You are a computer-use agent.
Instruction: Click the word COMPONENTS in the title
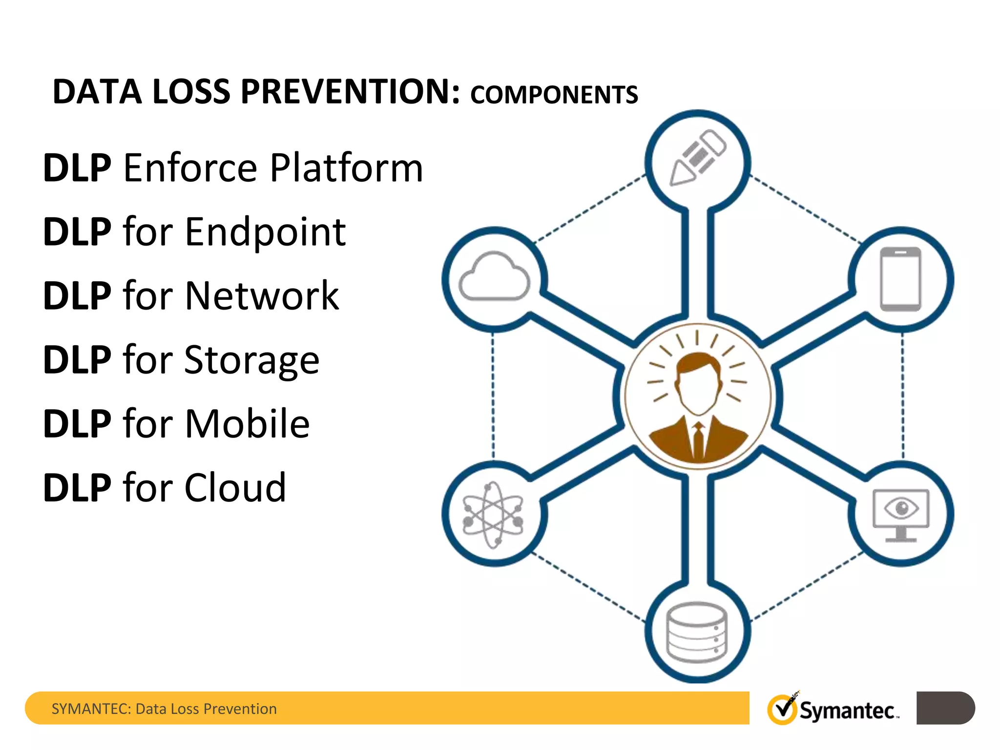click(554, 95)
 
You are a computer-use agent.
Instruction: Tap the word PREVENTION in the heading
click(350, 92)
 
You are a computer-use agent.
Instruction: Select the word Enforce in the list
click(190, 168)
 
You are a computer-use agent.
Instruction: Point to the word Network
click(262, 296)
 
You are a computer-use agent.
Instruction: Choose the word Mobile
click(247, 424)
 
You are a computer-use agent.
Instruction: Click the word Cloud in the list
click(235, 487)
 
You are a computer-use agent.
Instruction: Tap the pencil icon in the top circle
click(697, 158)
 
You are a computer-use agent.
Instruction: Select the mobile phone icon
click(900, 279)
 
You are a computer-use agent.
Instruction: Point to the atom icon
click(493, 515)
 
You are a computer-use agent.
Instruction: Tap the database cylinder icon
click(697, 632)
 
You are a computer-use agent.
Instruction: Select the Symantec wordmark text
click(848, 711)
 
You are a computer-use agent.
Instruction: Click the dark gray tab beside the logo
click(945, 708)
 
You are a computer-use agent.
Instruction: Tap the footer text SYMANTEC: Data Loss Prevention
click(164, 708)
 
